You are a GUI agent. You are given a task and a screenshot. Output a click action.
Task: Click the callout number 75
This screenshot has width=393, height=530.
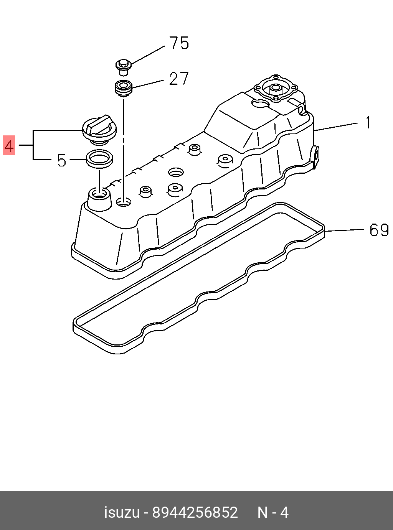point(179,43)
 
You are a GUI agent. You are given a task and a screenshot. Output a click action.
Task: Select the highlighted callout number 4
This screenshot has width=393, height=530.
point(9,145)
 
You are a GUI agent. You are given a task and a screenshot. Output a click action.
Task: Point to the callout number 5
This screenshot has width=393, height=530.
point(61,161)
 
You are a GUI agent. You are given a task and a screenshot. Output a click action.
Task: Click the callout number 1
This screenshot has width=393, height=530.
point(368,123)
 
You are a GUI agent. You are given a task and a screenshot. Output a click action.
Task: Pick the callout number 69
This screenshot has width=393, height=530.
point(379,230)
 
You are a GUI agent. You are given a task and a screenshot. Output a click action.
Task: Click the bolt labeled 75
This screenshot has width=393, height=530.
point(123,66)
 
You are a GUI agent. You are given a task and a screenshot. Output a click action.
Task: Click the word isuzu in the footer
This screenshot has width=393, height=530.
point(122,512)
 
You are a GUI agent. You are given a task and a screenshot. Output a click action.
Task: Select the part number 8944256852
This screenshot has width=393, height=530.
point(195,512)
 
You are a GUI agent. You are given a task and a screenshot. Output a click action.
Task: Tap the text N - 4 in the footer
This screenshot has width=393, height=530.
point(273,512)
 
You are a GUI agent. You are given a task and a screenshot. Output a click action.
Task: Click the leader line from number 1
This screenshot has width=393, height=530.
point(336,127)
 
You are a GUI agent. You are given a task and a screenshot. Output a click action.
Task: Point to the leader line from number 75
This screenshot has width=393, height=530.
point(148,54)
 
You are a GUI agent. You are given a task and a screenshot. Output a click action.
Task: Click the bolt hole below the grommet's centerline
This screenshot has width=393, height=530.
point(124,202)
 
